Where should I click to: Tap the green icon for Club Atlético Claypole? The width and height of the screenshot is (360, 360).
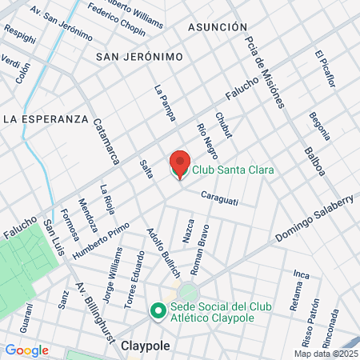click(158, 311)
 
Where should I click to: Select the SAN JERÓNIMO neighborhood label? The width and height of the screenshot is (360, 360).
click(139, 57)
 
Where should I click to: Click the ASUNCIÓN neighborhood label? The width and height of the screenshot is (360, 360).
click(218, 27)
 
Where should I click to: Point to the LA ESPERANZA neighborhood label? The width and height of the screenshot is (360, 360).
click(45, 118)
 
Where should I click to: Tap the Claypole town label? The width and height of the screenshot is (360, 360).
click(147, 346)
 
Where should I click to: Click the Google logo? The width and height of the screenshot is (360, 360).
click(26, 350)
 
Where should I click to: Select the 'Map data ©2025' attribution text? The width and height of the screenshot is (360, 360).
click(326, 354)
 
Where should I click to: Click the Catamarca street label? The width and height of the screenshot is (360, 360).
click(105, 142)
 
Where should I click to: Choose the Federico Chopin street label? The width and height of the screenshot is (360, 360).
click(117, 22)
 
